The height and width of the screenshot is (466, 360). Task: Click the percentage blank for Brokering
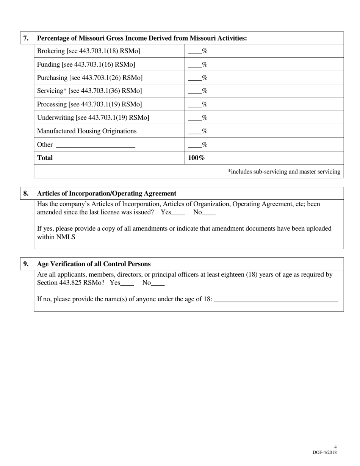[194, 52]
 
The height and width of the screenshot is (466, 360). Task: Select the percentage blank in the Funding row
[194, 65]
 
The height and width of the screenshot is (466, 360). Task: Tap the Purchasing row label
[90, 78]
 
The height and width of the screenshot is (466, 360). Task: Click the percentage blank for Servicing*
[194, 91]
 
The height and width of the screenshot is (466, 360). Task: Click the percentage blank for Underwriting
[194, 118]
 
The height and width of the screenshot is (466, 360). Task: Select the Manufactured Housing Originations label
[87, 131]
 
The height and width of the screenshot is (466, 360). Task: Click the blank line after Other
[95, 145]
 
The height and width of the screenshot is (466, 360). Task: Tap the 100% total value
[196, 158]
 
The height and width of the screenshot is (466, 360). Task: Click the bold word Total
[45, 158]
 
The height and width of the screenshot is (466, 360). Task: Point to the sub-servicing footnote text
[284, 172]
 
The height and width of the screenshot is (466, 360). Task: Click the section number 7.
[26, 38]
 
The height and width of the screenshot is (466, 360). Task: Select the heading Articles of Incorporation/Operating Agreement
[106, 193]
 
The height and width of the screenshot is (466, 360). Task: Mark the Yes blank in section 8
[178, 213]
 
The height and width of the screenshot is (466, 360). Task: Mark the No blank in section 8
[209, 213]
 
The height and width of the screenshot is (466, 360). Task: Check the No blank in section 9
[158, 283]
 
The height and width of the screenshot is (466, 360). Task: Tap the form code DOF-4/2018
[324, 452]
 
